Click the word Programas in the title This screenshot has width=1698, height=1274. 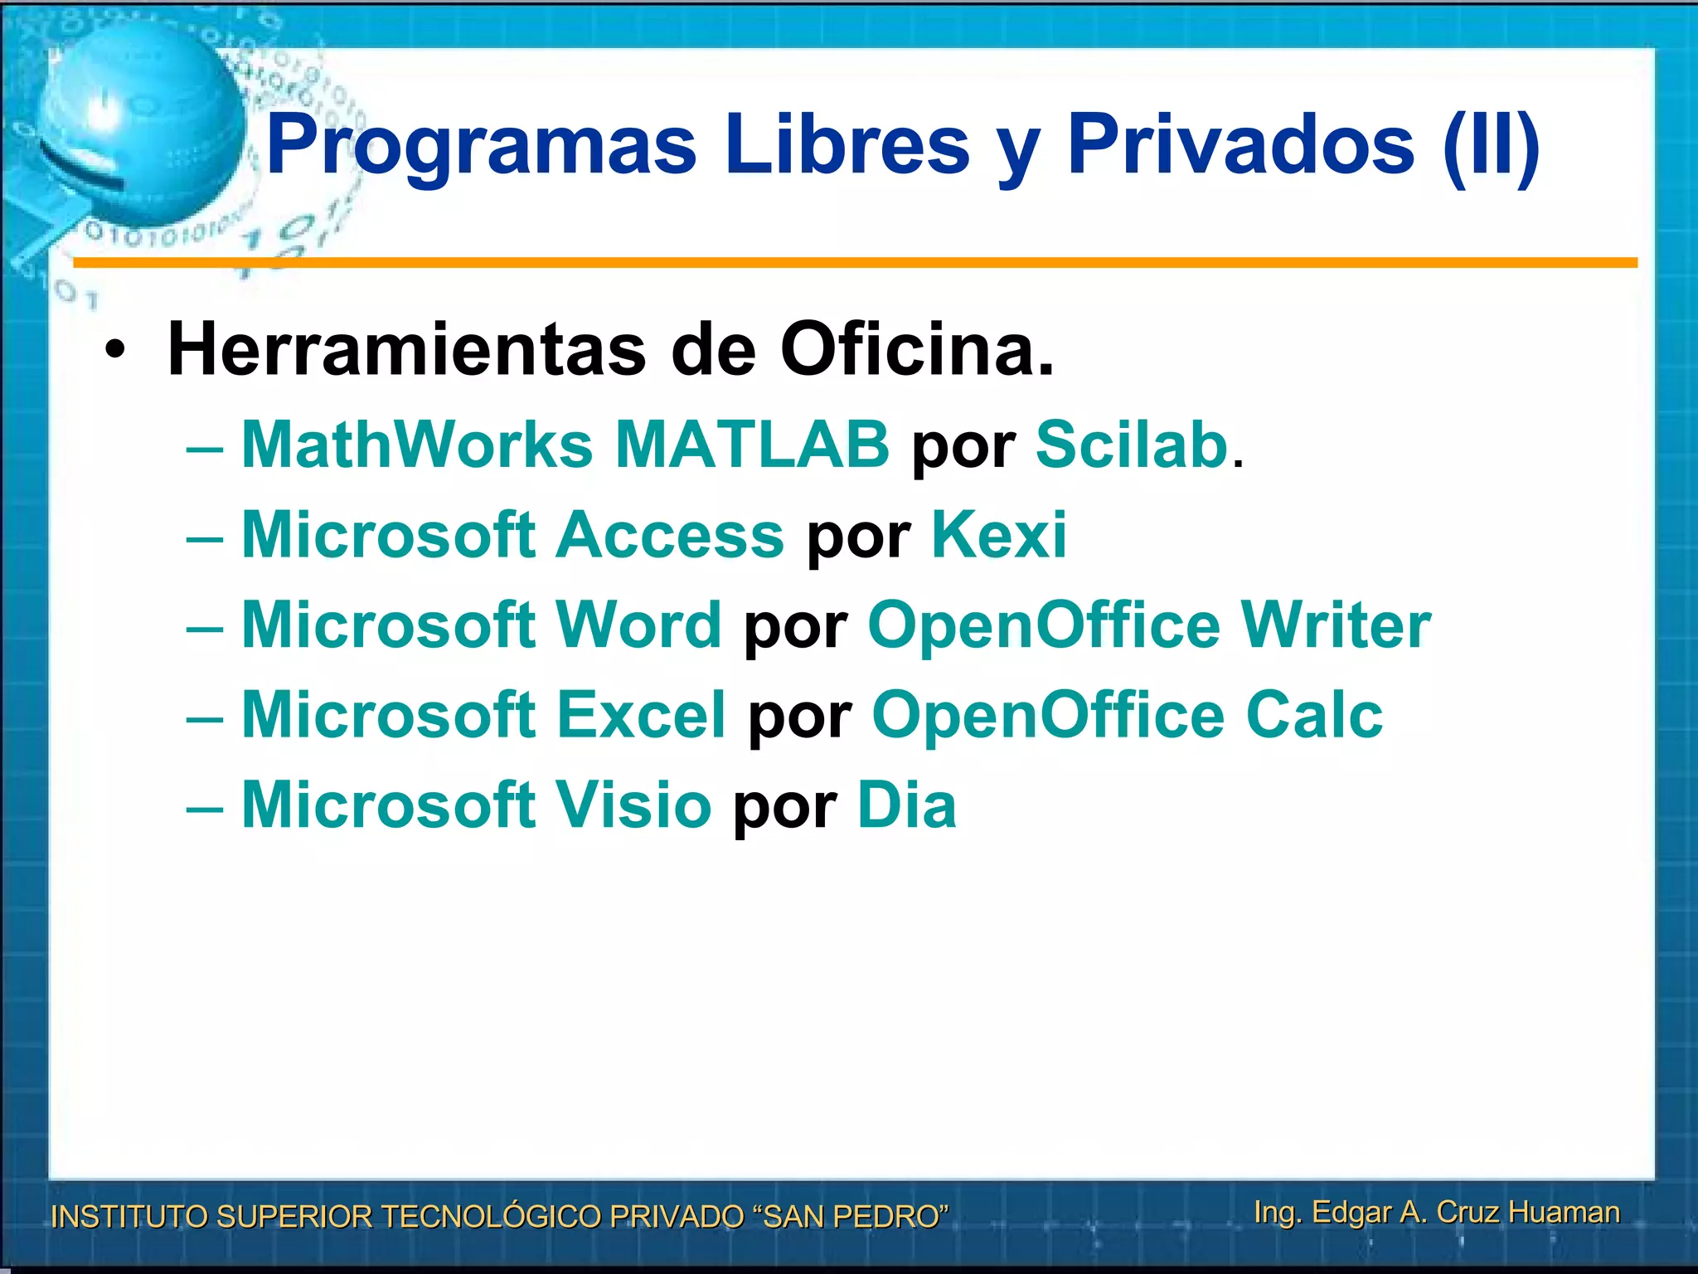[x=482, y=146]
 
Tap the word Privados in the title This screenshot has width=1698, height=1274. [x=1240, y=146]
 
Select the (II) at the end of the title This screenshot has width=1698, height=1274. [x=1491, y=146]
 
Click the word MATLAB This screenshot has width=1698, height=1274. [x=752, y=445]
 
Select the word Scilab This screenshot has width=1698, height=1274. [x=1132, y=445]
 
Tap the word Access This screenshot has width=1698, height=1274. [x=670, y=535]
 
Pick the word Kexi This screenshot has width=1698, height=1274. [x=999, y=535]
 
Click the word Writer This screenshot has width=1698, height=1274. [x=1336, y=625]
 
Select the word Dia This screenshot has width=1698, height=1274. [x=906, y=805]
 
